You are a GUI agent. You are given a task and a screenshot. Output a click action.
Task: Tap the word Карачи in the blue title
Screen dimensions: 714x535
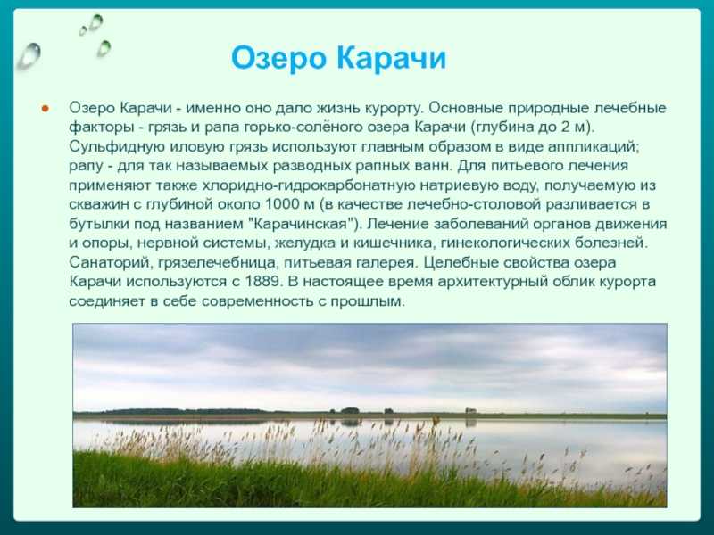pyautogui.click(x=392, y=57)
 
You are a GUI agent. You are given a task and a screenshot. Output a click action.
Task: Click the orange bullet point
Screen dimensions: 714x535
pyautogui.click(x=45, y=109)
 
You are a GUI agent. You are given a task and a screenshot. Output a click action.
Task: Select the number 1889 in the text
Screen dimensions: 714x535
pyautogui.click(x=262, y=281)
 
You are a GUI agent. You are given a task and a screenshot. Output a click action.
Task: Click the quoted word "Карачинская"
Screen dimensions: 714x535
pyautogui.click(x=305, y=224)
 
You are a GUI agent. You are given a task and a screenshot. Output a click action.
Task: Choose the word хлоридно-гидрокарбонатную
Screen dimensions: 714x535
pyautogui.click(x=309, y=185)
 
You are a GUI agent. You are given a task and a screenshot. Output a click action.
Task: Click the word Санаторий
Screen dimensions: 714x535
pyautogui.click(x=109, y=262)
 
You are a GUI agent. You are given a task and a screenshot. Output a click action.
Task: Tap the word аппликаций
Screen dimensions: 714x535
pyautogui.click(x=594, y=147)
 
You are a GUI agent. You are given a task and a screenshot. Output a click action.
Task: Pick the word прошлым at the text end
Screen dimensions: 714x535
pyautogui.click(x=368, y=301)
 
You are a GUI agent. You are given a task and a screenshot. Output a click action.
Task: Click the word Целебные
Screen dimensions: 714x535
pyautogui.click(x=461, y=263)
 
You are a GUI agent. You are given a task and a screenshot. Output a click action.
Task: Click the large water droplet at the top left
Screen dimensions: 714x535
pyautogui.click(x=29, y=56)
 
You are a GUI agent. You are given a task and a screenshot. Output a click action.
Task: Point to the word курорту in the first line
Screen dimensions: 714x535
pyautogui.click(x=394, y=108)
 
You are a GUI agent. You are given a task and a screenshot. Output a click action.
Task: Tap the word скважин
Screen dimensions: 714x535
pyautogui.click(x=99, y=204)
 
